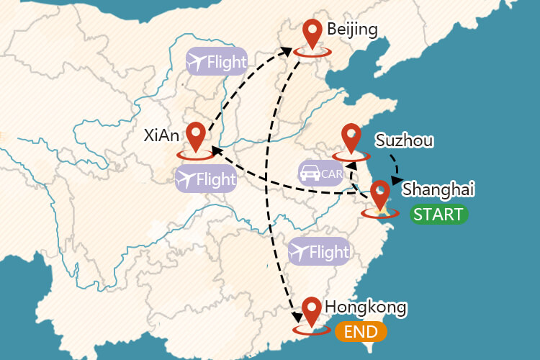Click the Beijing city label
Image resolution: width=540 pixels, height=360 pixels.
pos(351,30)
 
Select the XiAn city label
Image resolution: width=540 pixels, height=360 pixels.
pos(161,135)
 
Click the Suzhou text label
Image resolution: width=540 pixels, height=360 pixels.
pos(404,140)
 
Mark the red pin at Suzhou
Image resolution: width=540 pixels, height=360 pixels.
pos(351,137)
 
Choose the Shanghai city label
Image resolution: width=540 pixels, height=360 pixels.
pos(438,189)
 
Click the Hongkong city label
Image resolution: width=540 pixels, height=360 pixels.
pos(366,307)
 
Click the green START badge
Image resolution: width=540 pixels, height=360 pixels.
pos(439,214)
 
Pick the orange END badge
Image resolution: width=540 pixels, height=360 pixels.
pos(361,332)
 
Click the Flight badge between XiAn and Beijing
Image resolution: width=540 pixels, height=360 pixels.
pos(216,63)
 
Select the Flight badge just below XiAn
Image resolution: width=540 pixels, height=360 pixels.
pos(206,179)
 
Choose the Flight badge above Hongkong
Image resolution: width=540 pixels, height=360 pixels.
pos(319,253)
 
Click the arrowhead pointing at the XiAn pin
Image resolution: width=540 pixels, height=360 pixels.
pos(215,151)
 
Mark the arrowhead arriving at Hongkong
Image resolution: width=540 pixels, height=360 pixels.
pos(294,318)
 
